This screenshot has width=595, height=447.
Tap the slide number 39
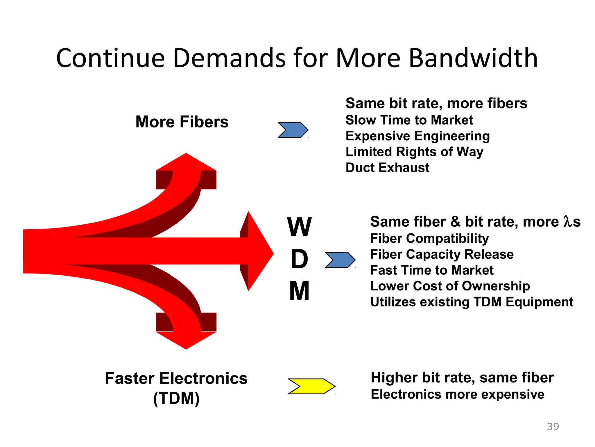553,427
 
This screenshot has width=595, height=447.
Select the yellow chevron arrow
311,386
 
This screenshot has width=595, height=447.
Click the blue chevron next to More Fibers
293,130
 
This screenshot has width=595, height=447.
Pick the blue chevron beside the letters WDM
340,260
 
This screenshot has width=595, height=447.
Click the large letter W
299,227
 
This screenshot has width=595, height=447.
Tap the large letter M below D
299,291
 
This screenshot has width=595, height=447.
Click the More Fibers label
182,122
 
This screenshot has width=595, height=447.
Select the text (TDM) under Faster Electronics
176,398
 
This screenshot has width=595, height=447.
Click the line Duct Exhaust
387,168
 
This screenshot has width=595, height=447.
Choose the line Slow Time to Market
409,120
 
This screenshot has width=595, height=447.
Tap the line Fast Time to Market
432,270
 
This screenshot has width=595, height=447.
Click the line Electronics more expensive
457,394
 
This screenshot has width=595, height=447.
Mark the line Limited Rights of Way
414,152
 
